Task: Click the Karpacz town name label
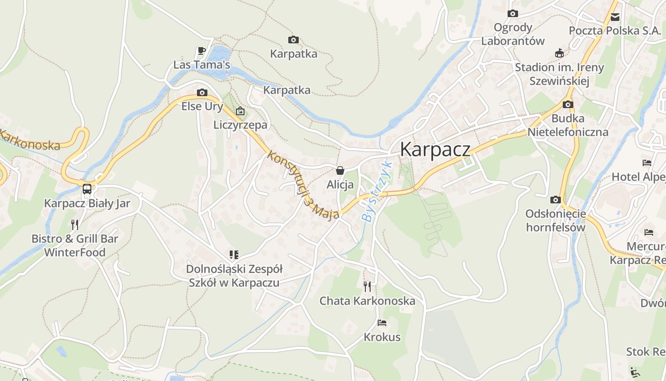(x=435, y=149)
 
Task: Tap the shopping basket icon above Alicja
(x=340, y=170)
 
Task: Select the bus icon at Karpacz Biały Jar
(x=87, y=189)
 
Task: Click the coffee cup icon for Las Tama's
(x=201, y=51)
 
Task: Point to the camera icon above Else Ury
(x=202, y=92)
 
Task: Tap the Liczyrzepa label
(x=241, y=125)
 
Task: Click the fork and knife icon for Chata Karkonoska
(x=367, y=286)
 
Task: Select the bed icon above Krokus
(x=382, y=323)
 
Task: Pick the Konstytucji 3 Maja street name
(x=303, y=185)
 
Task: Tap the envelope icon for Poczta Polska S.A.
(x=615, y=17)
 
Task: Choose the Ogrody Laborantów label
(x=512, y=34)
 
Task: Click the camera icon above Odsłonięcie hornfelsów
(x=555, y=200)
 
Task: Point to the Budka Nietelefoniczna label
(x=568, y=125)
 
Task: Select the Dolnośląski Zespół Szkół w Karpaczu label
(x=234, y=276)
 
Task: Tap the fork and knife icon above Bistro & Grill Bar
(x=75, y=224)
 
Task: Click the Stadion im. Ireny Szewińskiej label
(x=559, y=74)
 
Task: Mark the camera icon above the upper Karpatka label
(x=294, y=40)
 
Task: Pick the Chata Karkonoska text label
(x=367, y=301)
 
